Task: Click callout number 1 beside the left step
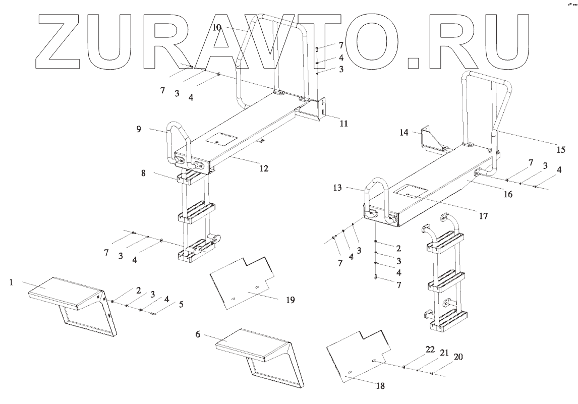click(11, 282)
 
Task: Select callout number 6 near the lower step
click(198, 334)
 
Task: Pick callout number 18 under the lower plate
click(380, 386)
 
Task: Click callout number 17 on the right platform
click(483, 216)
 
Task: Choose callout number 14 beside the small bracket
click(403, 132)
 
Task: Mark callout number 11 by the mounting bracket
click(343, 123)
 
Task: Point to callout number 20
click(458, 357)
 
